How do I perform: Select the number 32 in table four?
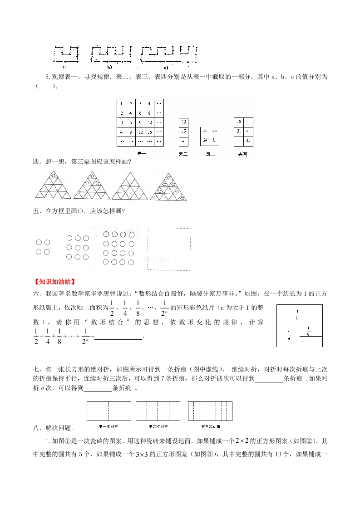248,141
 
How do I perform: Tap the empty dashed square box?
168,249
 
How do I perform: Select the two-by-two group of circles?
43,247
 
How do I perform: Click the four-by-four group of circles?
118,248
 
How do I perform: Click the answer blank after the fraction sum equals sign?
118,336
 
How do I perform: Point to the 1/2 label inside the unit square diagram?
297,314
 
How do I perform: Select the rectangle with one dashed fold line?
108,411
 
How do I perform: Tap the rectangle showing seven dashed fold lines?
210,411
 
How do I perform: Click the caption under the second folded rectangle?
159,427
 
